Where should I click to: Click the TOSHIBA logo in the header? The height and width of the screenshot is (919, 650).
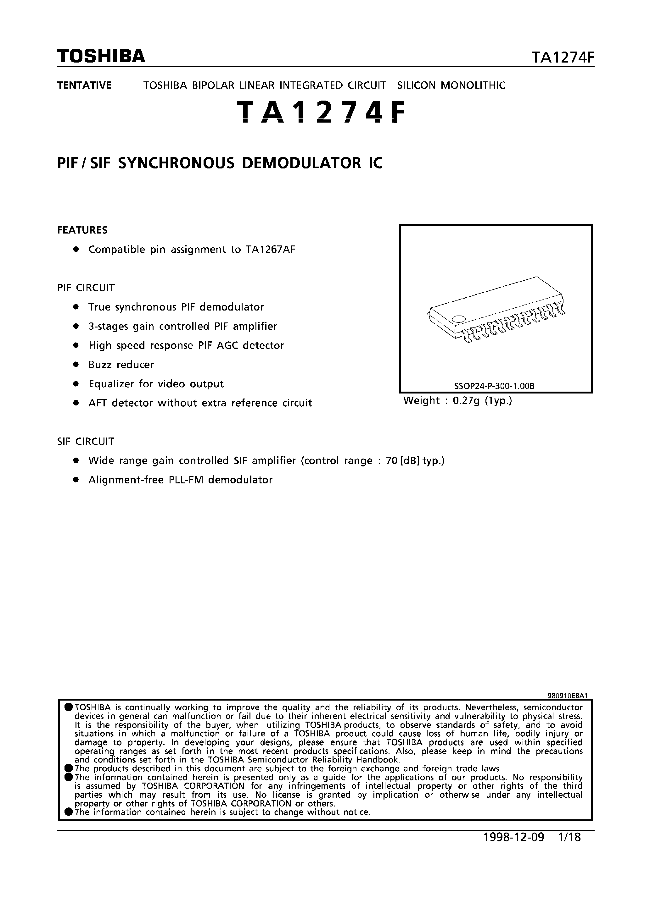pos(101,57)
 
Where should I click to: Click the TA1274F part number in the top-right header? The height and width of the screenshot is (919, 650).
pos(562,58)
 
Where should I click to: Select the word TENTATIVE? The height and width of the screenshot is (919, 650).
pos(84,85)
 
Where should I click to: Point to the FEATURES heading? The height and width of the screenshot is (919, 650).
pos(82,230)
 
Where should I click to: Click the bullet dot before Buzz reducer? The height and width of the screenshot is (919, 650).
pos(75,365)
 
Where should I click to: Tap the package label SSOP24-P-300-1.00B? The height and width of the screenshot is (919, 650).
pos(495,386)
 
